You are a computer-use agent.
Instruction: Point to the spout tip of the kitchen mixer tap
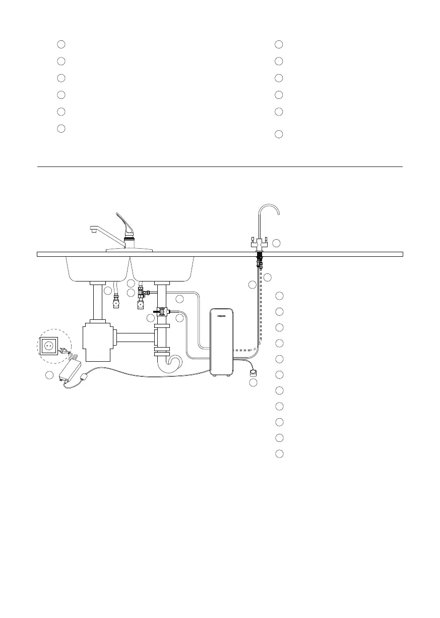[x=93, y=231]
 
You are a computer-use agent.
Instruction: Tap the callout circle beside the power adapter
[x=48, y=375]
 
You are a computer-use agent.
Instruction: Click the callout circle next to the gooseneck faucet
[x=276, y=243]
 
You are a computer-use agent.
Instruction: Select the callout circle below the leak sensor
[x=254, y=383]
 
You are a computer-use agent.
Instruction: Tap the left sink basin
[x=97, y=267]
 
